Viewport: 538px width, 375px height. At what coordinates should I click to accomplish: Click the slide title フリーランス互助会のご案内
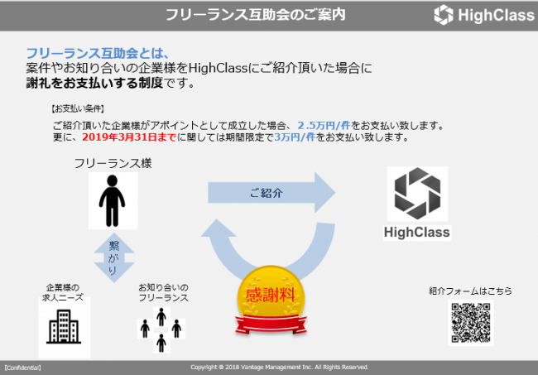point(255,15)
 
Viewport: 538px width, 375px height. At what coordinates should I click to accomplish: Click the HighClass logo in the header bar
point(484,15)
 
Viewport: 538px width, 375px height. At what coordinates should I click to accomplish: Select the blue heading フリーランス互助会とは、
point(98,53)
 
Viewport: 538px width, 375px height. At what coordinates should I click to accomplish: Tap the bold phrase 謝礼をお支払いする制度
point(94,83)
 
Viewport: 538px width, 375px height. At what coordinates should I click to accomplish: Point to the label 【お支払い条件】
point(78,108)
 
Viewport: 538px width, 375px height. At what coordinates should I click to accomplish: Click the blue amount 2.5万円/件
point(324,125)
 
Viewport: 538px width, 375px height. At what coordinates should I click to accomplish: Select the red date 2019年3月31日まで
point(129,137)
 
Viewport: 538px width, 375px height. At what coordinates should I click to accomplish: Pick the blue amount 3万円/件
point(295,137)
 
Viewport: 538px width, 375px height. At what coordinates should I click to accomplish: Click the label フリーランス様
point(113,163)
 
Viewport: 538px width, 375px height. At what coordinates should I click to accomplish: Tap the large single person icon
point(113,200)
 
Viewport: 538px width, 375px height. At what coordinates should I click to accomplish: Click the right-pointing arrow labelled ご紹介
point(271,193)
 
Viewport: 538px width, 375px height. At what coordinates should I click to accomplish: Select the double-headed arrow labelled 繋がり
point(114,257)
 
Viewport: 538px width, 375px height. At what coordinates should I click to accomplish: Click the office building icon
point(64,327)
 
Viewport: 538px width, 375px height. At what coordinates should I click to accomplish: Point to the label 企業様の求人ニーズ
point(63,292)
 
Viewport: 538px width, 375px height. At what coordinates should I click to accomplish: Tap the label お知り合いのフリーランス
point(163,292)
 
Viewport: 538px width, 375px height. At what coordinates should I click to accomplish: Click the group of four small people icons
point(161,329)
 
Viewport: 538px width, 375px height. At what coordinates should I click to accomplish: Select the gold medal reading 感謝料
point(271,300)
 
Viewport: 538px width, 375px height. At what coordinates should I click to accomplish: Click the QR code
point(470,323)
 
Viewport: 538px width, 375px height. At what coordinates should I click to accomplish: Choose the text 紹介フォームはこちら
point(470,291)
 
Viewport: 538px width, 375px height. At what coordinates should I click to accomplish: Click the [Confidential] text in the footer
point(22,368)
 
